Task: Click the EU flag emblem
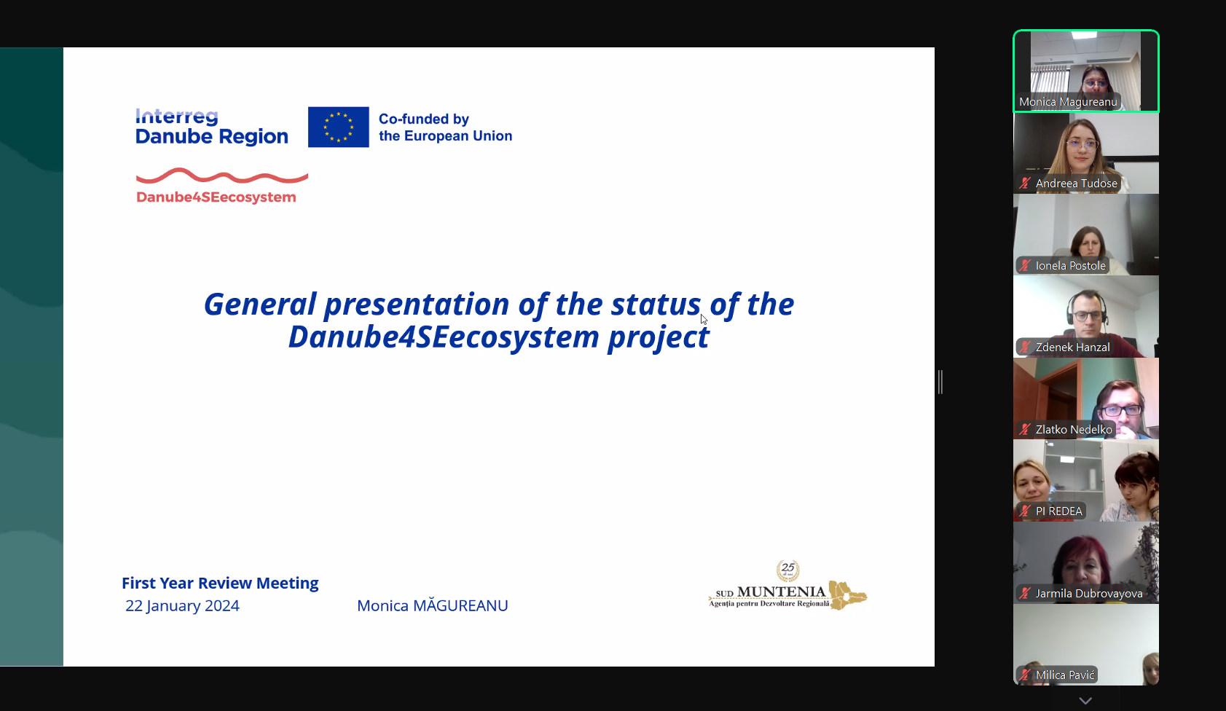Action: pyautogui.click(x=338, y=127)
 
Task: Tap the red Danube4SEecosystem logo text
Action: pyautogui.click(x=216, y=197)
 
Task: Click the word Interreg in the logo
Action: pyautogui.click(x=177, y=117)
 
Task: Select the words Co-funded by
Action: pyautogui.click(x=424, y=119)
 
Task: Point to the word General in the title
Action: pyautogui.click(x=260, y=304)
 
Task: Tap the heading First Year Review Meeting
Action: pyautogui.click(x=220, y=583)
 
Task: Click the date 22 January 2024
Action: pyautogui.click(x=182, y=605)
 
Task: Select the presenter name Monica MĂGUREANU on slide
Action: pyautogui.click(x=433, y=605)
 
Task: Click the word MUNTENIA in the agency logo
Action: pyautogui.click(x=782, y=592)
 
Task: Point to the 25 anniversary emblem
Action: pyautogui.click(x=787, y=570)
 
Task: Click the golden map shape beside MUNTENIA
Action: pyautogui.click(x=847, y=595)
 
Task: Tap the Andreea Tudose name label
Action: pyautogui.click(x=1076, y=184)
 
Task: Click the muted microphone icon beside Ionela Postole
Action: pyautogui.click(x=1025, y=265)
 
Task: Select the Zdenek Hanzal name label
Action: pyautogui.click(x=1073, y=347)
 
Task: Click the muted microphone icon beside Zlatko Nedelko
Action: pyautogui.click(x=1025, y=429)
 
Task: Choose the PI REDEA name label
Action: pyautogui.click(x=1058, y=511)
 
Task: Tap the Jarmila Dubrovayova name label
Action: pyautogui.click(x=1088, y=593)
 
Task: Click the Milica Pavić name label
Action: pyautogui.click(x=1064, y=675)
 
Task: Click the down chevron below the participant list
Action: pyautogui.click(x=1085, y=701)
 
